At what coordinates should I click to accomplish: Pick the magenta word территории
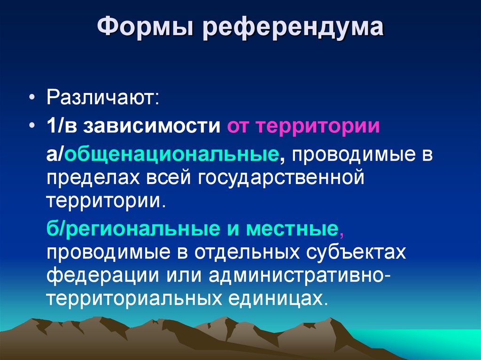click(318, 126)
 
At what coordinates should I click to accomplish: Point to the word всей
click(167, 178)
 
